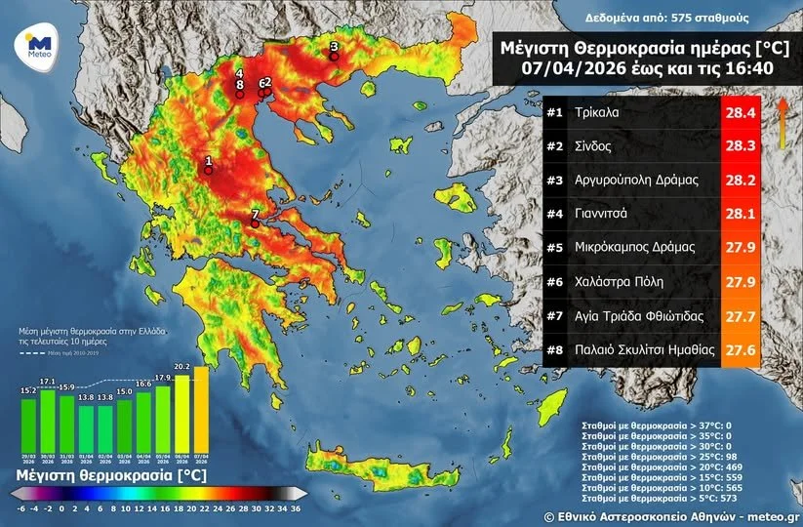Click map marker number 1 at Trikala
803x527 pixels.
point(208,169)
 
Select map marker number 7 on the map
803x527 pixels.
point(255,223)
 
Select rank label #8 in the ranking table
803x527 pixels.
point(556,349)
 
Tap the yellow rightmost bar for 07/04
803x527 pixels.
point(201,410)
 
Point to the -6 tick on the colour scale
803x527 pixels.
point(20,508)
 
